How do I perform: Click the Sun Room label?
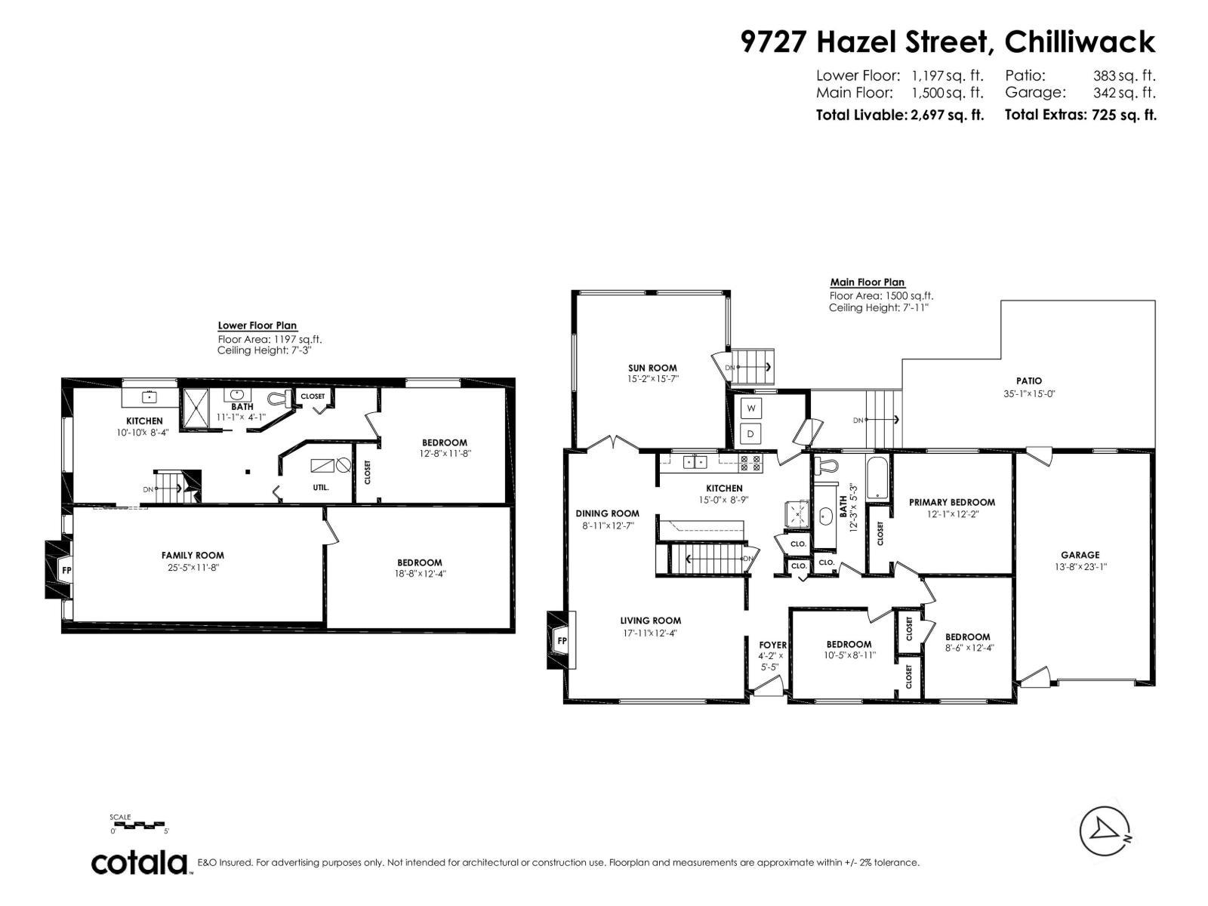click(652, 368)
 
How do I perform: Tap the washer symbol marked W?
click(751, 408)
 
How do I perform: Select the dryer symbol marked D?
click(751, 434)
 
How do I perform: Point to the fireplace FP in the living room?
click(561, 640)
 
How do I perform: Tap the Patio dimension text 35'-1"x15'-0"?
click(1028, 393)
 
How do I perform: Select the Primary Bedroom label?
click(951, 502)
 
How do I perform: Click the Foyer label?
click(772, 645)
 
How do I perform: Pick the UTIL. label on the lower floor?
click(321, 488)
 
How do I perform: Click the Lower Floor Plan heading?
click(257, 325)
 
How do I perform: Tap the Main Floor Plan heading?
click(867, 282)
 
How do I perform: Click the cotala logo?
click(140, 862)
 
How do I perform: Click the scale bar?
click(139, 825)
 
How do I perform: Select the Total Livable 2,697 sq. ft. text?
click(899, 115)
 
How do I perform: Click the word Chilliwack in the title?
click(1080, 42)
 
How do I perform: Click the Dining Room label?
click(607, 513)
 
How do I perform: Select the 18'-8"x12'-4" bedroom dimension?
click(419, 574)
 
